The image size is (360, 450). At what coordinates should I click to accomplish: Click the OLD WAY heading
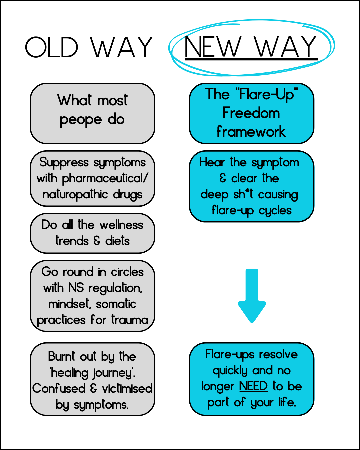pyautogui.click(x=89, y=47)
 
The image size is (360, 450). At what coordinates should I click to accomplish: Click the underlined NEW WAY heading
pyautogui.click(x=251, y=47)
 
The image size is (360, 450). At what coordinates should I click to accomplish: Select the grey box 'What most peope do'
pyautogui.click(x=92, y=113)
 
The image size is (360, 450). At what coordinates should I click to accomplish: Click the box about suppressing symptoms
pyautogui.click(x=92, y=178)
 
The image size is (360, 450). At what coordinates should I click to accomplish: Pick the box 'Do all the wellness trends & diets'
pyautogui.click(x=92, y=233)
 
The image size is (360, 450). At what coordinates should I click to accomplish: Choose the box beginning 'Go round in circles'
pyautogui.click(x=92, y=296)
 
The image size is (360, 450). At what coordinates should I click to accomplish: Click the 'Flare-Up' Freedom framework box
pyautogui.click(x=251, y=113)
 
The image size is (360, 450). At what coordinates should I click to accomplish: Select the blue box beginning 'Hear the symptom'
pyautogui.click(x=251, y=186)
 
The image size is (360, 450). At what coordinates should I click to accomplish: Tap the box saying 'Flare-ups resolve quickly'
pyautogui.click(x=251, y=379)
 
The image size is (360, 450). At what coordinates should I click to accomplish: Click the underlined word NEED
pyautogui.click(x=253, y=386)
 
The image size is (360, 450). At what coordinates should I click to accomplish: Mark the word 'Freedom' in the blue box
pyautogui.click(x=251, y=113)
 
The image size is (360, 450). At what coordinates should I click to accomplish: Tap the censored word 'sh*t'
pyautogui.click(x=243, y=194)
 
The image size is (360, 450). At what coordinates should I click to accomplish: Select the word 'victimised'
pyautogui.click(x=127, y=388)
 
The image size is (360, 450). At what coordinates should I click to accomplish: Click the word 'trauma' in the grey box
pyautogui.click(x=130, y=320)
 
